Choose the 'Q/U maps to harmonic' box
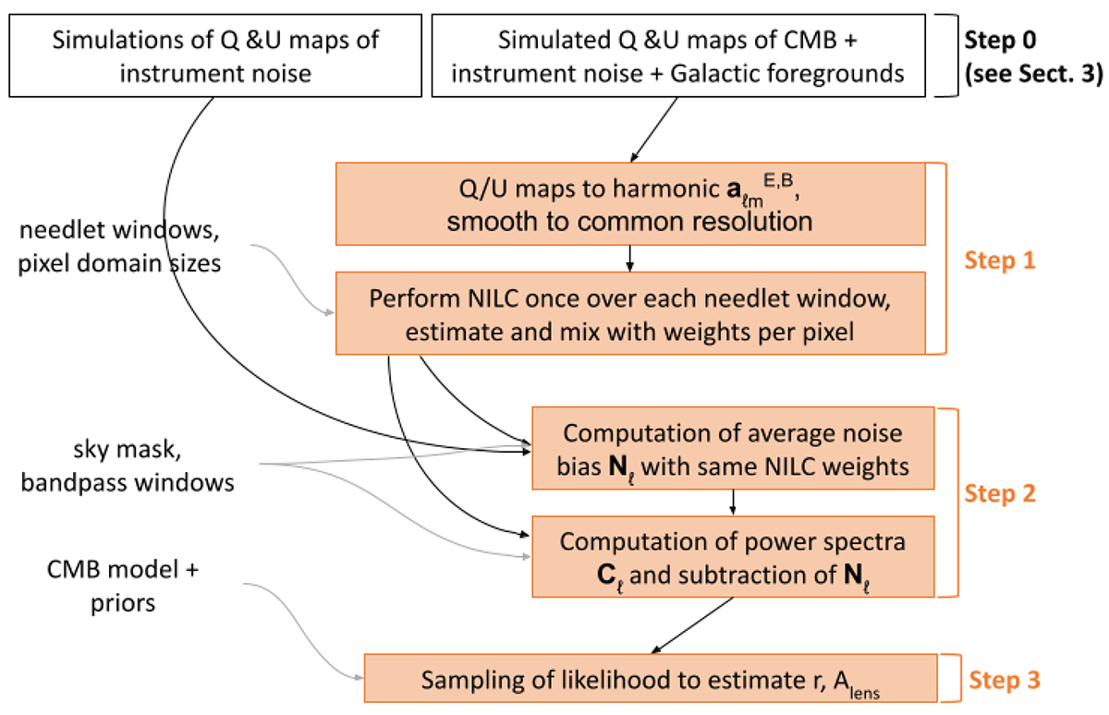629,204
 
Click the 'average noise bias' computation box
733,449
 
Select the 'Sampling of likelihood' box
652,680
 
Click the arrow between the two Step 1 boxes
629,259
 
